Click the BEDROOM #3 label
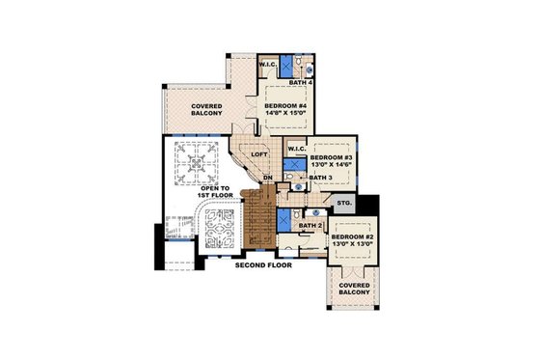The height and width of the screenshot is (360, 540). point(333,156)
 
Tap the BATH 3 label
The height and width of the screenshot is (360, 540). point(320,179)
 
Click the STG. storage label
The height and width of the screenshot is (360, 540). point(343,204)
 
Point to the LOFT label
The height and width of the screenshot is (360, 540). point(258,153)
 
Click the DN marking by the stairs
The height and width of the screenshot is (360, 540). point(270,179)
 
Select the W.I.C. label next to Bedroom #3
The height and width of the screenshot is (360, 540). point(296,149)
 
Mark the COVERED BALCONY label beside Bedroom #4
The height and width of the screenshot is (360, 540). point(207,109)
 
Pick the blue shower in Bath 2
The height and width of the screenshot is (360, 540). point(283,217)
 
